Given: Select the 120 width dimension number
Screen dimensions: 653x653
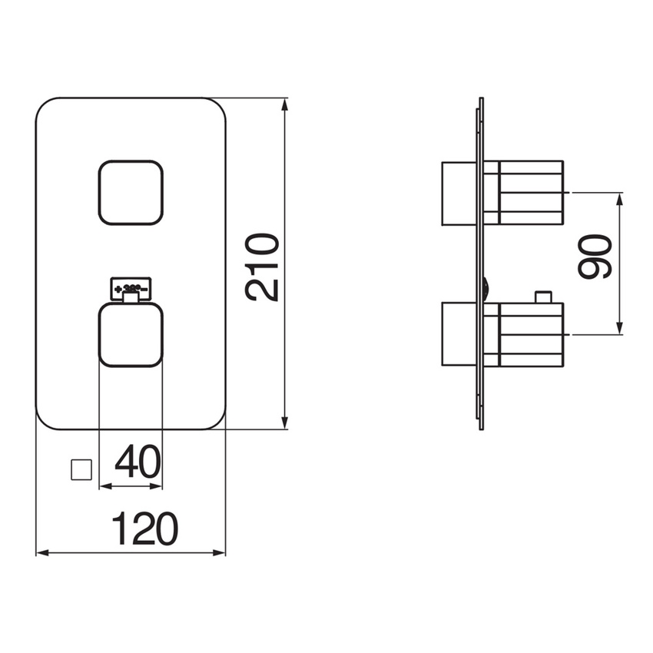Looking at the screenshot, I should click(145, 529).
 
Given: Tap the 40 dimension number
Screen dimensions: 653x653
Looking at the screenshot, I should click(138, 463).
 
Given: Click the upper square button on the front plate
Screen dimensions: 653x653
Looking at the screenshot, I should click(131, 192).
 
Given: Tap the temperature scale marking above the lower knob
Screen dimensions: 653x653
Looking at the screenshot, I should click(131, 288).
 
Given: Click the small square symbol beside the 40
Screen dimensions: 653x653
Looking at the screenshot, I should click(81, 469).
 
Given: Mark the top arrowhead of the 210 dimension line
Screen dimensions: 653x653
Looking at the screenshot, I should click(285, 102).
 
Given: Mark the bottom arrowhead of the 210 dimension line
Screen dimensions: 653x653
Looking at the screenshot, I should click(285, 424).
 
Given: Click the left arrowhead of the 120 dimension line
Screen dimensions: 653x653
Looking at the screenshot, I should click(41, 552).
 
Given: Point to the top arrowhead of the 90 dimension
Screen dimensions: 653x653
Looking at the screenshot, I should click(621, 196).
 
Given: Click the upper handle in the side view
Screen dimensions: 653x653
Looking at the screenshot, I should click(531, 192).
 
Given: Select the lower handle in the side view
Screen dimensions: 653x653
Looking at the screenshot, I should click(531, 333).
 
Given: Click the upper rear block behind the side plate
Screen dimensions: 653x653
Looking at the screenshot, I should click(460, 193).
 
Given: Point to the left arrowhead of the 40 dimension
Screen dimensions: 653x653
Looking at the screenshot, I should click(104, 486).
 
